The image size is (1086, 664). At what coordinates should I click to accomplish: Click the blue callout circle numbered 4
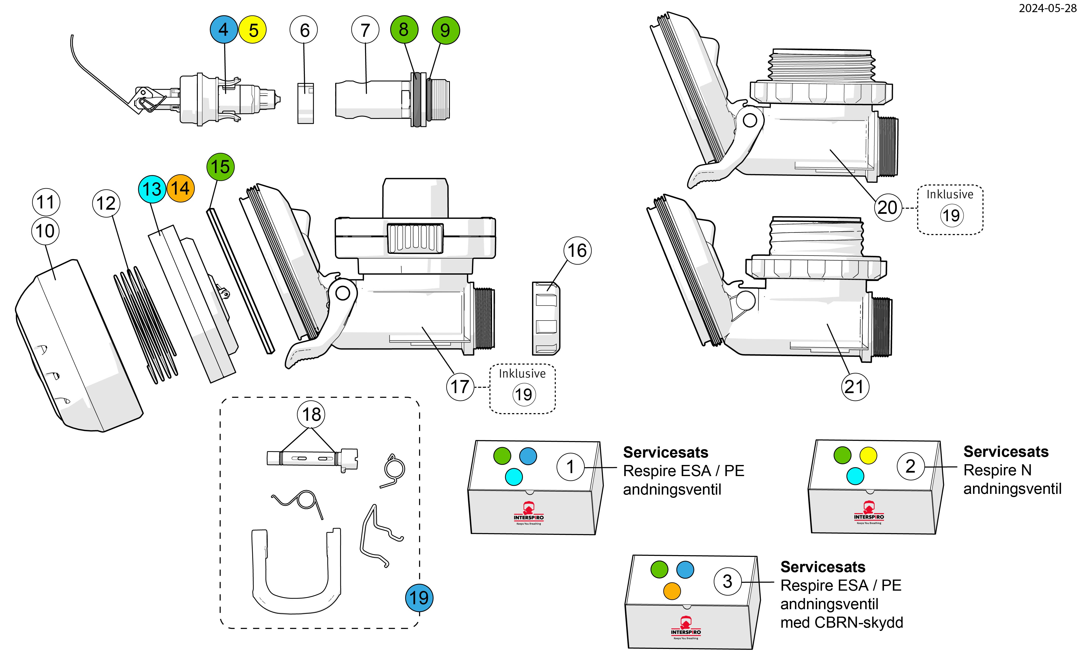[x=223, y=30]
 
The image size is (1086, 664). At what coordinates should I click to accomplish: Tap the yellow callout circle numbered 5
[x=253, y=30]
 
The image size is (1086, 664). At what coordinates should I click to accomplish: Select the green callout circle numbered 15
[x=220, y=167]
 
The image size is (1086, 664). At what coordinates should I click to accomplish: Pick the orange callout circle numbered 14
[x=180, y=188]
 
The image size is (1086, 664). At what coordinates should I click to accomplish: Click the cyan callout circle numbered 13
[x=152, y=189]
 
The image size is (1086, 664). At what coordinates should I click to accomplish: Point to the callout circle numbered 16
[x=577, y=250]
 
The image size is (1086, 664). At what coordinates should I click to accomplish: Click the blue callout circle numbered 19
[x=419, y=598]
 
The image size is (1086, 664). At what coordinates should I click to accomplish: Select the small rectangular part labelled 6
[x=305, y=103]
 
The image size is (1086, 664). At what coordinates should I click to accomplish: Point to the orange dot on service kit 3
[x=672, y=591]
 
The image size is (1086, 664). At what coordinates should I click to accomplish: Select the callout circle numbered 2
[x=910, y=466]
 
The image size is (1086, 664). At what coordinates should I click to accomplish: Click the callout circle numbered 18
[x=312, y=414]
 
